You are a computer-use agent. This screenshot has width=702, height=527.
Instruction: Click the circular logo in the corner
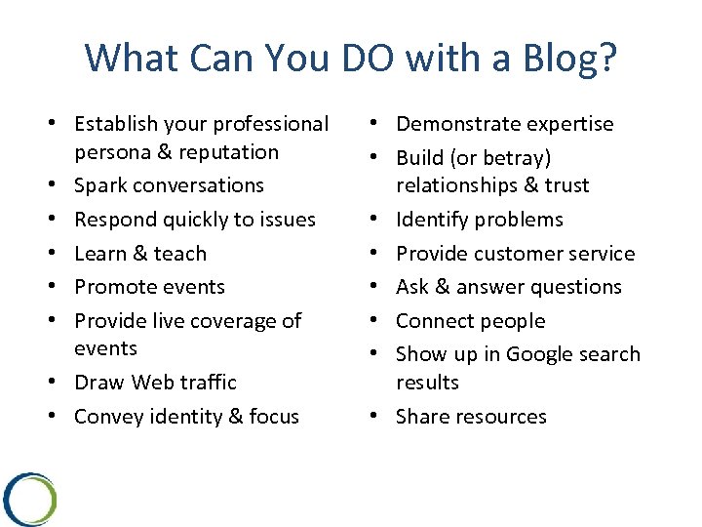(29, 500)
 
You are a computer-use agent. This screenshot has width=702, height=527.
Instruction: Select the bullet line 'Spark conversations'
(169, 185)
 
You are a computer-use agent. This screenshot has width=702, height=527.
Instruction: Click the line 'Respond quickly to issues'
(195, 220)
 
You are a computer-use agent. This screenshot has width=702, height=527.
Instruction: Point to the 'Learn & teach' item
(140, 254)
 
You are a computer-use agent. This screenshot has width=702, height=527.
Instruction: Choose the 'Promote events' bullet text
(149, 287)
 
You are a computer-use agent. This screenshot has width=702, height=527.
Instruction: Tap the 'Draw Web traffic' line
(155, 383)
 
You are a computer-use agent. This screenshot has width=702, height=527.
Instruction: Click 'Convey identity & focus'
(186, 417)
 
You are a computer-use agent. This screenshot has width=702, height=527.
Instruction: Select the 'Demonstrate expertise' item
(504, 124)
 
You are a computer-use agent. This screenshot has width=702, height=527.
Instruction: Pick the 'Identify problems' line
(479, 220)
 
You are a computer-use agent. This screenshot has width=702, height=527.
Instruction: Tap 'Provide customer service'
(515, 254)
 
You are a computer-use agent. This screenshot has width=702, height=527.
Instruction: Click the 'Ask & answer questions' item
(508, 287)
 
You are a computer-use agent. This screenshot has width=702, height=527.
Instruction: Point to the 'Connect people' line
(470, 321)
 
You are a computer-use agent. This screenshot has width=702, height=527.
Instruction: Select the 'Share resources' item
(471, 417)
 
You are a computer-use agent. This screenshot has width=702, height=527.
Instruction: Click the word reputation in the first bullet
(220, 152)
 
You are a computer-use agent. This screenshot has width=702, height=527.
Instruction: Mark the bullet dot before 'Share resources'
(376, 417)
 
